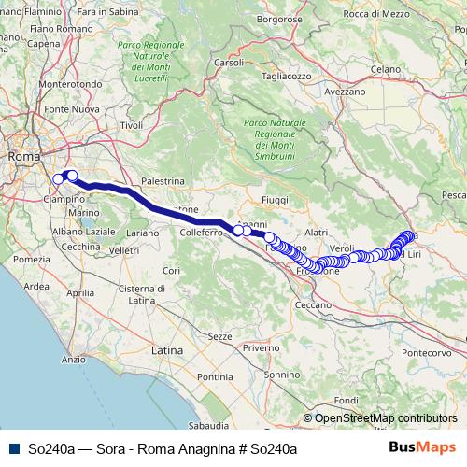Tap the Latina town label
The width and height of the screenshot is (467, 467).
click(x=167, y=349)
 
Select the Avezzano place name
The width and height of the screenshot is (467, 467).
click(x=346, y=92)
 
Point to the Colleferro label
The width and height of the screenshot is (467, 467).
click(x=199, y=232)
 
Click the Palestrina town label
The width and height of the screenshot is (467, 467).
click(x=160, y=181)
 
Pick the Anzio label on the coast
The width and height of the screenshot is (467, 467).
click(x=73, y=359)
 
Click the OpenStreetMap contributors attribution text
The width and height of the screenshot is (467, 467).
click(x=386, y=418)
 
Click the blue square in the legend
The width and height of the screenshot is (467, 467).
click(x=11, y=448)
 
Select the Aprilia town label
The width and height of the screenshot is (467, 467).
click(x=80, y=292)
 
